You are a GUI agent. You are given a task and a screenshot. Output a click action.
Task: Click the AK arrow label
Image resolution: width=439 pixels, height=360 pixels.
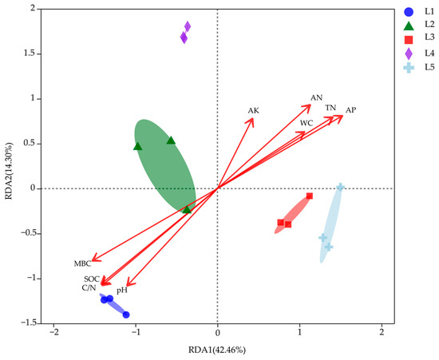click(x=254, y=110)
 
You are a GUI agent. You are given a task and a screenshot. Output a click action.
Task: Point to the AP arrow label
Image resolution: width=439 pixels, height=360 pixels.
click(x=350, y=109)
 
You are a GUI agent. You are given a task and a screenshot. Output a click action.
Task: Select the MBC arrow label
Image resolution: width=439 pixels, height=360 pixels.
click(x=83, y=263)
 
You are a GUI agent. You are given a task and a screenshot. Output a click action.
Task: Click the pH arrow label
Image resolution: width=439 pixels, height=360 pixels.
click(x=122, y=291)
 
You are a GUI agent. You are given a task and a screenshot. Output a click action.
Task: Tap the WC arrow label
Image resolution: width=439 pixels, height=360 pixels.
click(x=307, y=123)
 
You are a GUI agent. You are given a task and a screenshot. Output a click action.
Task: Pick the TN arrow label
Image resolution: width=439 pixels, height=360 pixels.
click(x=330, y=108)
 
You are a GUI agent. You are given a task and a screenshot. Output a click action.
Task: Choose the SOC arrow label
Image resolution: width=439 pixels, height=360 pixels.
click(x=91, y=279)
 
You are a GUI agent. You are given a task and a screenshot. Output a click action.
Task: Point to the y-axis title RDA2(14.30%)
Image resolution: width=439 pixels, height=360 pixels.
click(x=10, y=165)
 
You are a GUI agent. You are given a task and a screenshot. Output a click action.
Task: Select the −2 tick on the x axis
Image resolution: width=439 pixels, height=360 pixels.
click(x=53, y=331)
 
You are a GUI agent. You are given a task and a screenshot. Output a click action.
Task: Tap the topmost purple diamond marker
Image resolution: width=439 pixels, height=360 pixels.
click(x=188, y=27)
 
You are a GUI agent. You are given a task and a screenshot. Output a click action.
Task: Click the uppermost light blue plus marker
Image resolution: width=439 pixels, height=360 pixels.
click(x=340, y=188)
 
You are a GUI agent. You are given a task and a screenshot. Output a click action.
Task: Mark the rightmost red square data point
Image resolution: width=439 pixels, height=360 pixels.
click(x=310, y=196)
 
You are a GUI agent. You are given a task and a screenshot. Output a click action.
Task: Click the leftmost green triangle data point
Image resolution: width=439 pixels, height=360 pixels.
click(x=137, y=146)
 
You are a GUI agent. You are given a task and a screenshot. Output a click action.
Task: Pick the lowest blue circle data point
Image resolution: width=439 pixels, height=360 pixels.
click(x=126, y=315)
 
